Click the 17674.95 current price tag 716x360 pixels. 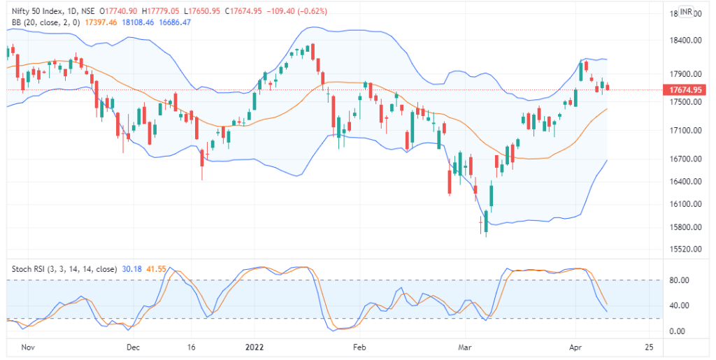point(685,89)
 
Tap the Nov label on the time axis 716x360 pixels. point(27,347)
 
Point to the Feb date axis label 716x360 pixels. point(359,347)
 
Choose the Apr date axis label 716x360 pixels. point(575,347)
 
